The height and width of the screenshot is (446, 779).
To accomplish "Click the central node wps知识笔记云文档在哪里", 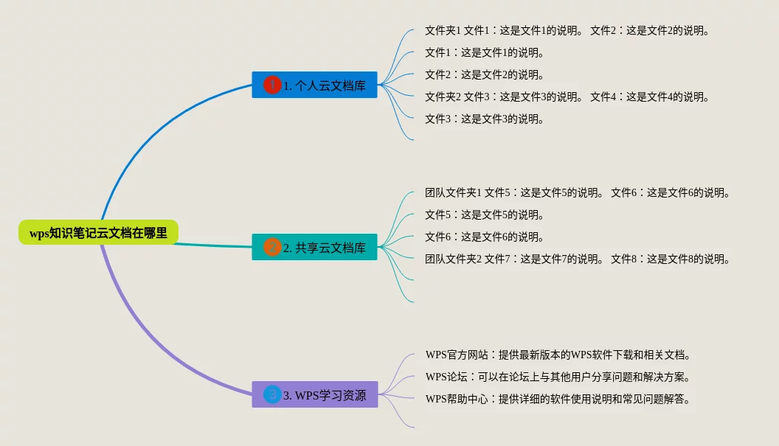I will tap(98, 232).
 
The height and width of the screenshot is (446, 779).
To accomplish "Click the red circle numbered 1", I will tap(272, 85).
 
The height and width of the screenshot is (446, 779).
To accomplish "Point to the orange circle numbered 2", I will tap(272, 247).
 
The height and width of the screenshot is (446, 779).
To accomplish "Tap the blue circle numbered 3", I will tap(272, 394).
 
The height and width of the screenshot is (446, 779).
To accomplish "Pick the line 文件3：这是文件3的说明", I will tap(484, 119).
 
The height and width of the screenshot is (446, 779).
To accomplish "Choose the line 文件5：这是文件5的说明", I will tap(484, 215).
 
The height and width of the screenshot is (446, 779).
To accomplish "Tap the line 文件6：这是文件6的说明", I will tap(484, 237).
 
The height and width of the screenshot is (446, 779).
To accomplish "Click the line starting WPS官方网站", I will tap(558, 355).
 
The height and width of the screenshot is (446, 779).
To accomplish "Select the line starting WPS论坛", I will tap(558, 377).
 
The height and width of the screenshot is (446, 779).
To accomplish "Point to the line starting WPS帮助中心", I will tap(558, 400).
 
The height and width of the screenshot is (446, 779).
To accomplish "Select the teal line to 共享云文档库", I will tap(214, 245).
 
